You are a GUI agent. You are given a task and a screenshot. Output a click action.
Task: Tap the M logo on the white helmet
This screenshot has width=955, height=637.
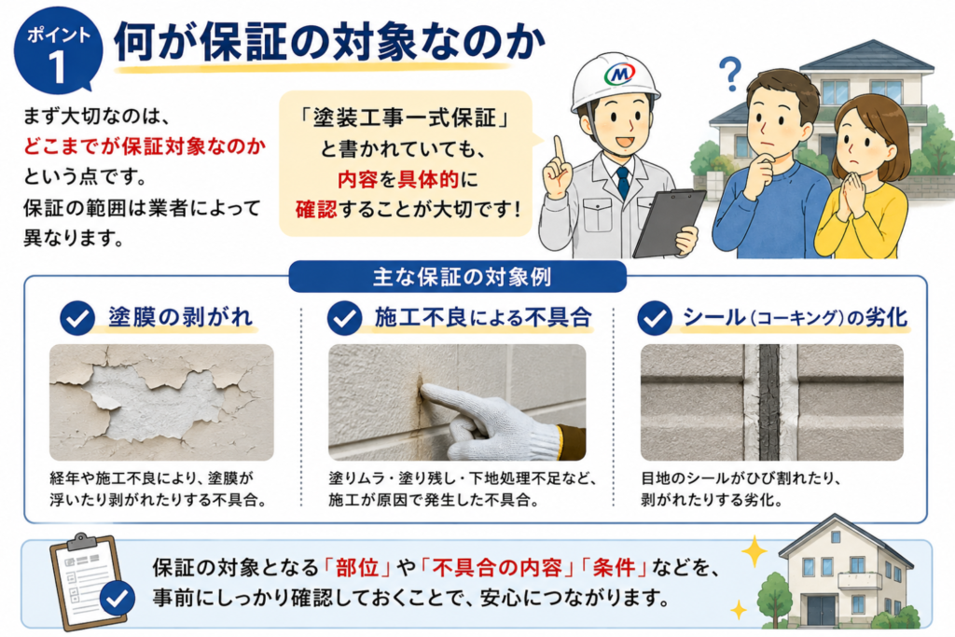pyautogui.click(x=619, y=74)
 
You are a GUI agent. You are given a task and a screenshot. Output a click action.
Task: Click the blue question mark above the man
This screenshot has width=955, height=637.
pyautogui.click(x=729, y=74)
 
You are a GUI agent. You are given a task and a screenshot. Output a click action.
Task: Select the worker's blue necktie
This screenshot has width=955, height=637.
pyautogui.click(x=622, y=182)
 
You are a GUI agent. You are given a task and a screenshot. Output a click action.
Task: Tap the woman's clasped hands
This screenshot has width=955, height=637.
pyautogui.click(x=854, y=194)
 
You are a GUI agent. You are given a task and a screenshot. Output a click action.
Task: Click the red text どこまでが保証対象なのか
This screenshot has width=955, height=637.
pyautogui.click(x=145, y=146)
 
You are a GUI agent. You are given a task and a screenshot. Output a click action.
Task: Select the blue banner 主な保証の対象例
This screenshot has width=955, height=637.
pyautogui.click(x=457, y=277)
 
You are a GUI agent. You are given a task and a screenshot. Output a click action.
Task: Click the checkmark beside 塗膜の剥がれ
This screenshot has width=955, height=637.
pyautogui.click(x=77, y=318)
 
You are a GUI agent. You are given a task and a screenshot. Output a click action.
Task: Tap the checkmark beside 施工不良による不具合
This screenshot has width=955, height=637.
pyautogui.click(x=345, y=318)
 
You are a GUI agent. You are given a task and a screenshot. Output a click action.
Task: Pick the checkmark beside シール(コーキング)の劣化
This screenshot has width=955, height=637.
pyautogui.click(x=655, y=318)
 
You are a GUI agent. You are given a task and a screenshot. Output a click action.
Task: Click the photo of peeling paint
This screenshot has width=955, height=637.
pyautogui.click(x=161, y=402)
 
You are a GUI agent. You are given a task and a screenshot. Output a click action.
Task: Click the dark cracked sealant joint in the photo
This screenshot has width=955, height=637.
pyautogui.click(x=769, y=402)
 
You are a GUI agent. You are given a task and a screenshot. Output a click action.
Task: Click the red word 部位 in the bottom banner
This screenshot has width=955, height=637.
pyautogui.click(x=357, y=568)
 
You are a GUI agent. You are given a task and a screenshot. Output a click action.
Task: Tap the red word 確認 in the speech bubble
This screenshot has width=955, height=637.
pyautogui.click(x=316, y=210)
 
